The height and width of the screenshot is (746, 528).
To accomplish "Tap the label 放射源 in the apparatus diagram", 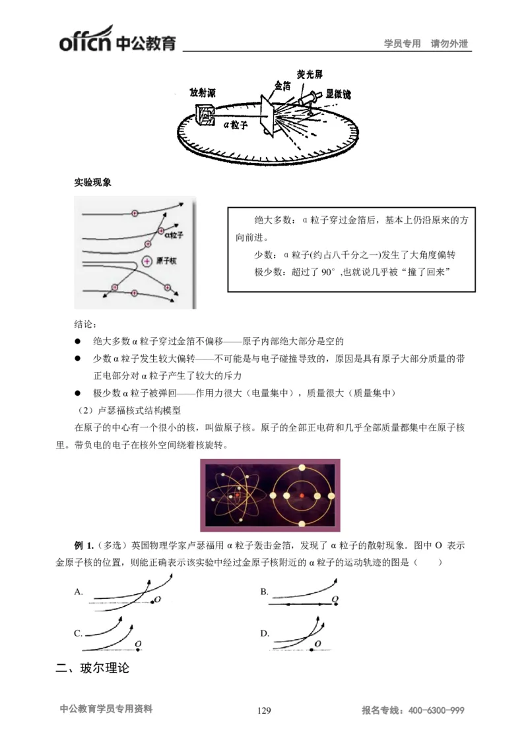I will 202,93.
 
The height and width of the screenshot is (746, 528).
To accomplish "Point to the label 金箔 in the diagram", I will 283,86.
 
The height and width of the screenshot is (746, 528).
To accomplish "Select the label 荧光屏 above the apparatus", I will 310,74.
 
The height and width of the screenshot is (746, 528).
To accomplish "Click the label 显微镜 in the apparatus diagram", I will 338,95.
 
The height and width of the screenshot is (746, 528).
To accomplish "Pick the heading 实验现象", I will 92,183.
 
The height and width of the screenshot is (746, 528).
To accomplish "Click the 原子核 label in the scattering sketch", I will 165,261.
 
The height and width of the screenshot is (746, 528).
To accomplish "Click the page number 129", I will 263,710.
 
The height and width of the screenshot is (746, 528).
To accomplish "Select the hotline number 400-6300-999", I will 436,710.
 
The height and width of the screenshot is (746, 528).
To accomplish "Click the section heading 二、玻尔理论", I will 92,669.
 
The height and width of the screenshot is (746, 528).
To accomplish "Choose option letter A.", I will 78,592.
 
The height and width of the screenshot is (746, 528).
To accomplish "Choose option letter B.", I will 264,592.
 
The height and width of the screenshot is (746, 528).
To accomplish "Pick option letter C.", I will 78,633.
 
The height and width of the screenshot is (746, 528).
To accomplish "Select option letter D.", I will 264,633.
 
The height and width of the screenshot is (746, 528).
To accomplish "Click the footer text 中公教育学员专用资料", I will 106,710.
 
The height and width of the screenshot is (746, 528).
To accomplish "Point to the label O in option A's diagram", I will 158,600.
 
